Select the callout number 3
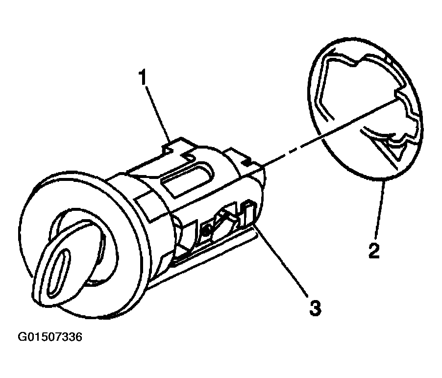315,308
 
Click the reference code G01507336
50,337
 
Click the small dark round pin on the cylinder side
207,230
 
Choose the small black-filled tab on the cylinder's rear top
247,162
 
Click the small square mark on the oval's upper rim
388,61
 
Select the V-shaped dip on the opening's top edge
357,63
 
